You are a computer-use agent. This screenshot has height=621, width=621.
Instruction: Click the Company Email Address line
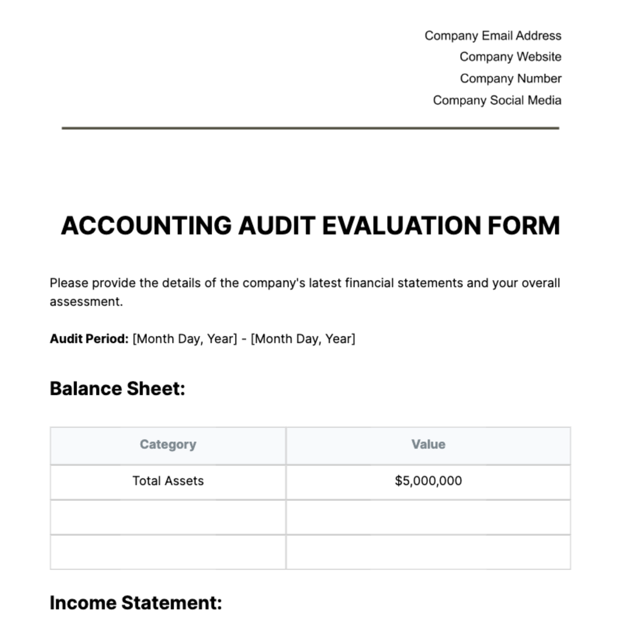coord(493,36)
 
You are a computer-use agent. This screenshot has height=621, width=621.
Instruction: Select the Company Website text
coord(510,57)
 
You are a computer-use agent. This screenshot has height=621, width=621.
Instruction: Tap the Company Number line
coord(510,79)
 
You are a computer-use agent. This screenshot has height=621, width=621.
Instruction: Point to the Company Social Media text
coord(497,100)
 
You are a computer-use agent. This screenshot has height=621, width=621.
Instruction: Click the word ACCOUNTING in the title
coord(146,226)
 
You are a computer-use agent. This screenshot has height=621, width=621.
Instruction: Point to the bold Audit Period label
coord(89,339)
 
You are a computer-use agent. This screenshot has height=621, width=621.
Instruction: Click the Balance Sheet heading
coord(117,389)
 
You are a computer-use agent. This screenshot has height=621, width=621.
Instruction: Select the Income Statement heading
coord(136,603)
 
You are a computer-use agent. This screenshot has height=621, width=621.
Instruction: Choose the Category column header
coord(168,445)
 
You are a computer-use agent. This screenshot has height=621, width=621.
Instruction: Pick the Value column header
coord(428,445)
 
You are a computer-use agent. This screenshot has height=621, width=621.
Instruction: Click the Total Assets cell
coord(168,481)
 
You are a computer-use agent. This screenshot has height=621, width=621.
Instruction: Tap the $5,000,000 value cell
coord(428,481)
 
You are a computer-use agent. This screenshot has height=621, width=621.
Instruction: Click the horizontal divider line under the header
coord(310,128)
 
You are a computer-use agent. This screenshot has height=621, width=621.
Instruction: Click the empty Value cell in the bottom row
coord(428,552)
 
